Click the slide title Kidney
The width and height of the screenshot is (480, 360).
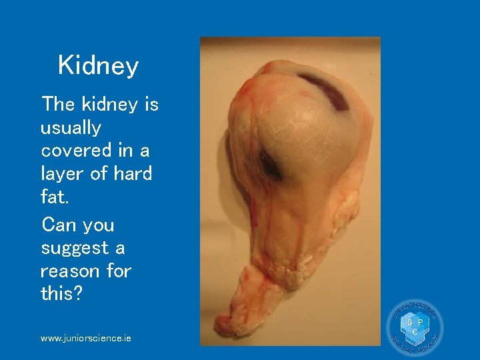coord(98,66)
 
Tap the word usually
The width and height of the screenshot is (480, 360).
coord(71,128)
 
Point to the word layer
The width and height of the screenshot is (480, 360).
coord(62,175)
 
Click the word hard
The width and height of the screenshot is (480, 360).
coord(133,174)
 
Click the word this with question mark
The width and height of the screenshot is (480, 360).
coord(61,294)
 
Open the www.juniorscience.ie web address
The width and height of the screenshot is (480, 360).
coord(85,339)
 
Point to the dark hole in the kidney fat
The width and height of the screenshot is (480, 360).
coord(271,165)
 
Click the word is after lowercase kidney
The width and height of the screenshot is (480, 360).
coord(149,104)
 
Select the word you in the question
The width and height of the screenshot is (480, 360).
coord(98,225)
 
